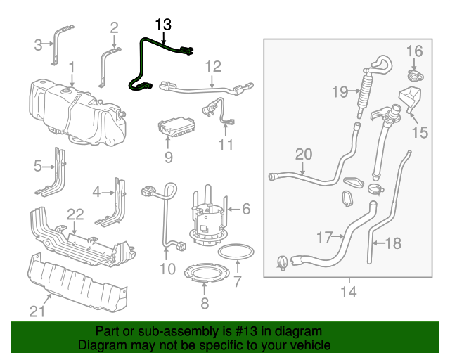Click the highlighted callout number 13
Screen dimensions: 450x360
click(x=163, y=25)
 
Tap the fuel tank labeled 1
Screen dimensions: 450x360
click(x=77, y=112)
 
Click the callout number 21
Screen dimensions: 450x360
click(x=37, y=311)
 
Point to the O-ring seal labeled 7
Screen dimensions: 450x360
click(x=236, y=252)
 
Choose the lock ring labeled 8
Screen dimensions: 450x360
click(x=207, y=272)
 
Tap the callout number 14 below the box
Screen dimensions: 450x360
click(x=349, y=292)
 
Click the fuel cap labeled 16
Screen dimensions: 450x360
click(x=416, y=76)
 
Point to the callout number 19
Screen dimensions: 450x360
click(x=340, y=92)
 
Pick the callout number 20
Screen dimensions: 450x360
click(x=304, y=155)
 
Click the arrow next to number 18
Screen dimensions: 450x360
click(x=378, y=243)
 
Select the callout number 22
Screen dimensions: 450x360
click(x=75, y=214)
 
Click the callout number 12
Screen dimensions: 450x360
click(x=213, y=67)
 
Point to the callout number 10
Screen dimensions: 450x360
click(x=167, y=269)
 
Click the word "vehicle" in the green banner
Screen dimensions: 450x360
click(x=314, y=345)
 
